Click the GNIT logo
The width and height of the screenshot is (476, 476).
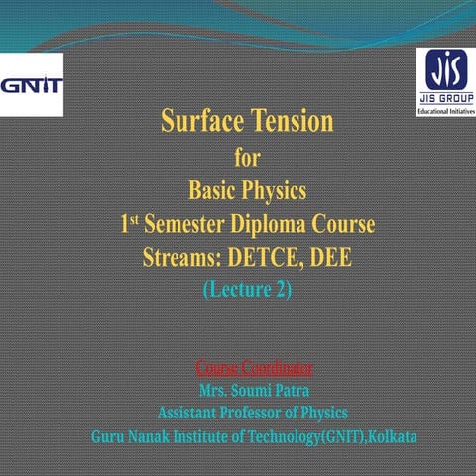pyautogui.click(x=32, y=83)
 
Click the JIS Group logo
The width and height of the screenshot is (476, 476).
pyautogui.click(x=442, y=74)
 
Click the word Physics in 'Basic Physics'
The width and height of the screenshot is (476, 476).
pyautogui.click(x=273, y=189)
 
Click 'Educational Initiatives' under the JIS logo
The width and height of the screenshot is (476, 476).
pyautogui.click(x=442, y=111)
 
